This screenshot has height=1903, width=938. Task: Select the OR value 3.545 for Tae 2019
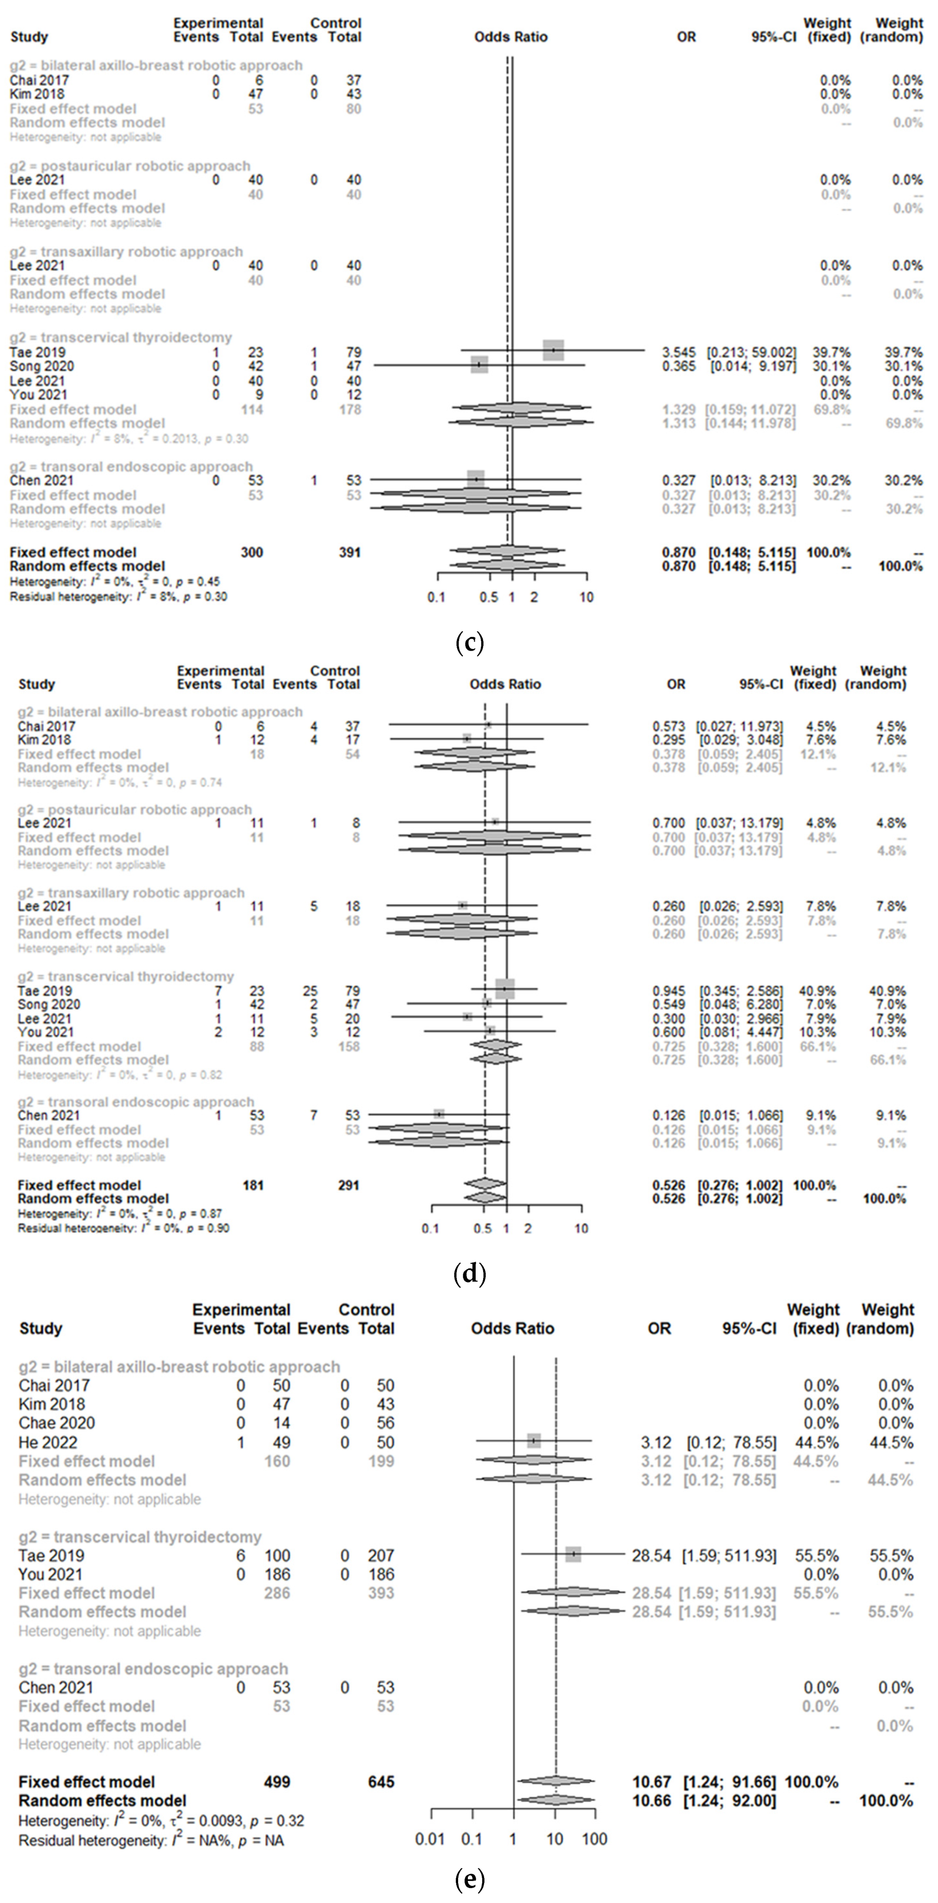[x=678, y=352]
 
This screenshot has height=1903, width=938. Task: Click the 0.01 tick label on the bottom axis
[x=430, y=1839]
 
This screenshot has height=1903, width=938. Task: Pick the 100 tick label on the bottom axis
[x=595, y=1839]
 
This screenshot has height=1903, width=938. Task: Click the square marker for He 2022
[x=534, y=1441]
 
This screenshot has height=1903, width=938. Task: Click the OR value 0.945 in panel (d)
[x=668, y=991]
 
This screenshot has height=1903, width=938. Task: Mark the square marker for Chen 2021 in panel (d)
[x=439, y=1113]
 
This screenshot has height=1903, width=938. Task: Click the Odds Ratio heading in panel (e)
[x=512, y=1328]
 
